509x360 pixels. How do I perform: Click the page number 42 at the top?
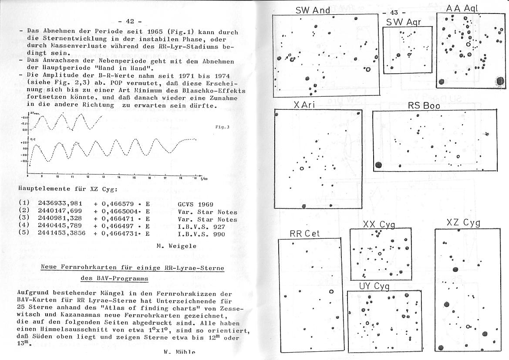[x=129, y=21]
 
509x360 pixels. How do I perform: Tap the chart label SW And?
[x=313, y=10]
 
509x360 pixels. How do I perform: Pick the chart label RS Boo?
[x=424, y=105]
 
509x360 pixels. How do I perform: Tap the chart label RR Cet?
[x=304, y=233]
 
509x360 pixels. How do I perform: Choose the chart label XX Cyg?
[x=379, y=224]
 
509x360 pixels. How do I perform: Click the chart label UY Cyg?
[x=374, y=286]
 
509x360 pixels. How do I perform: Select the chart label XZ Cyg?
[x=463, y=223]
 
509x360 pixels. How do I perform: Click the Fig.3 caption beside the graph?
[x=222, y=127]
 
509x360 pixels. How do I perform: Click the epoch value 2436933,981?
[x=60, y=204]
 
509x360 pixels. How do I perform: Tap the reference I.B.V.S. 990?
[x=207, y=234]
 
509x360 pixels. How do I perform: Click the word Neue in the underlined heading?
[x=49, y=268]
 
